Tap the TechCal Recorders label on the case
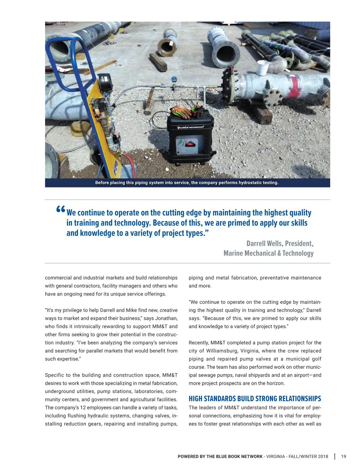[x=190, y=127]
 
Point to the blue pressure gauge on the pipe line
[x=174, y=80]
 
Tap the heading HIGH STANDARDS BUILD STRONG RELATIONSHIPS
[x=255, y=399]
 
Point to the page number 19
[x=343, y=456]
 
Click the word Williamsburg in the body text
[x=222, y=351]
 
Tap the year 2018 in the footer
[x=322, y=456]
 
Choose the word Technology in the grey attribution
[x=298, y=253]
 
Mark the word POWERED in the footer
[x=187, y=456]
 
